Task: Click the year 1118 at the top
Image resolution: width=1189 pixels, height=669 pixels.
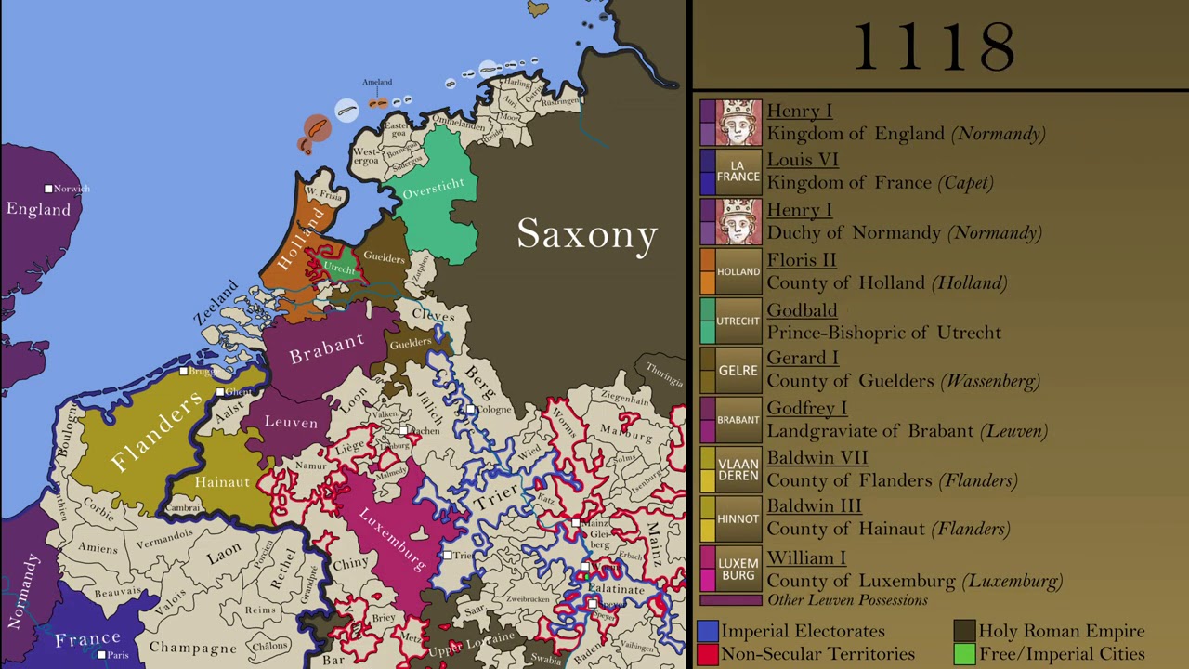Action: click(934, 46)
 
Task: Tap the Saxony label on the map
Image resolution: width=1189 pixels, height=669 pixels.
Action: click(587, 233)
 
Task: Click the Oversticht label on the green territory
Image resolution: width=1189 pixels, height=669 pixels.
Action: click(433, 189)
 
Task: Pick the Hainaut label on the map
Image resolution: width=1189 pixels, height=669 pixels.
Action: click(222, 482)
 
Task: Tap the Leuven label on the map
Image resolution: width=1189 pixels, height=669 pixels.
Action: click(291, 423)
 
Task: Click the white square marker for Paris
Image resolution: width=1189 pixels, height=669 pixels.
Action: click(102, 654)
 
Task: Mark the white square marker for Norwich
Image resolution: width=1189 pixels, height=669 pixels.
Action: click(48, 189)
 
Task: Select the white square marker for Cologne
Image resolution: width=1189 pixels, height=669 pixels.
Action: click(471, 409)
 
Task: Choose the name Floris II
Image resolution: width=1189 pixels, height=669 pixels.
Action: click(801, 260)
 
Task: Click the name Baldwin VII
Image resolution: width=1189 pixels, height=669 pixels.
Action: click(817, 457)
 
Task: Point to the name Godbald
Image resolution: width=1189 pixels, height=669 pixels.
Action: click(802, 310)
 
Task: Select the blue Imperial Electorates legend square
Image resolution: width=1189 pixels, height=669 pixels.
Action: click(708, 631)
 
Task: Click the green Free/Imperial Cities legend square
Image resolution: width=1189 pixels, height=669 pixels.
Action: click(964, 654)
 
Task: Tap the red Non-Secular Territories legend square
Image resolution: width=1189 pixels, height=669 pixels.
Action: click(708, 654)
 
